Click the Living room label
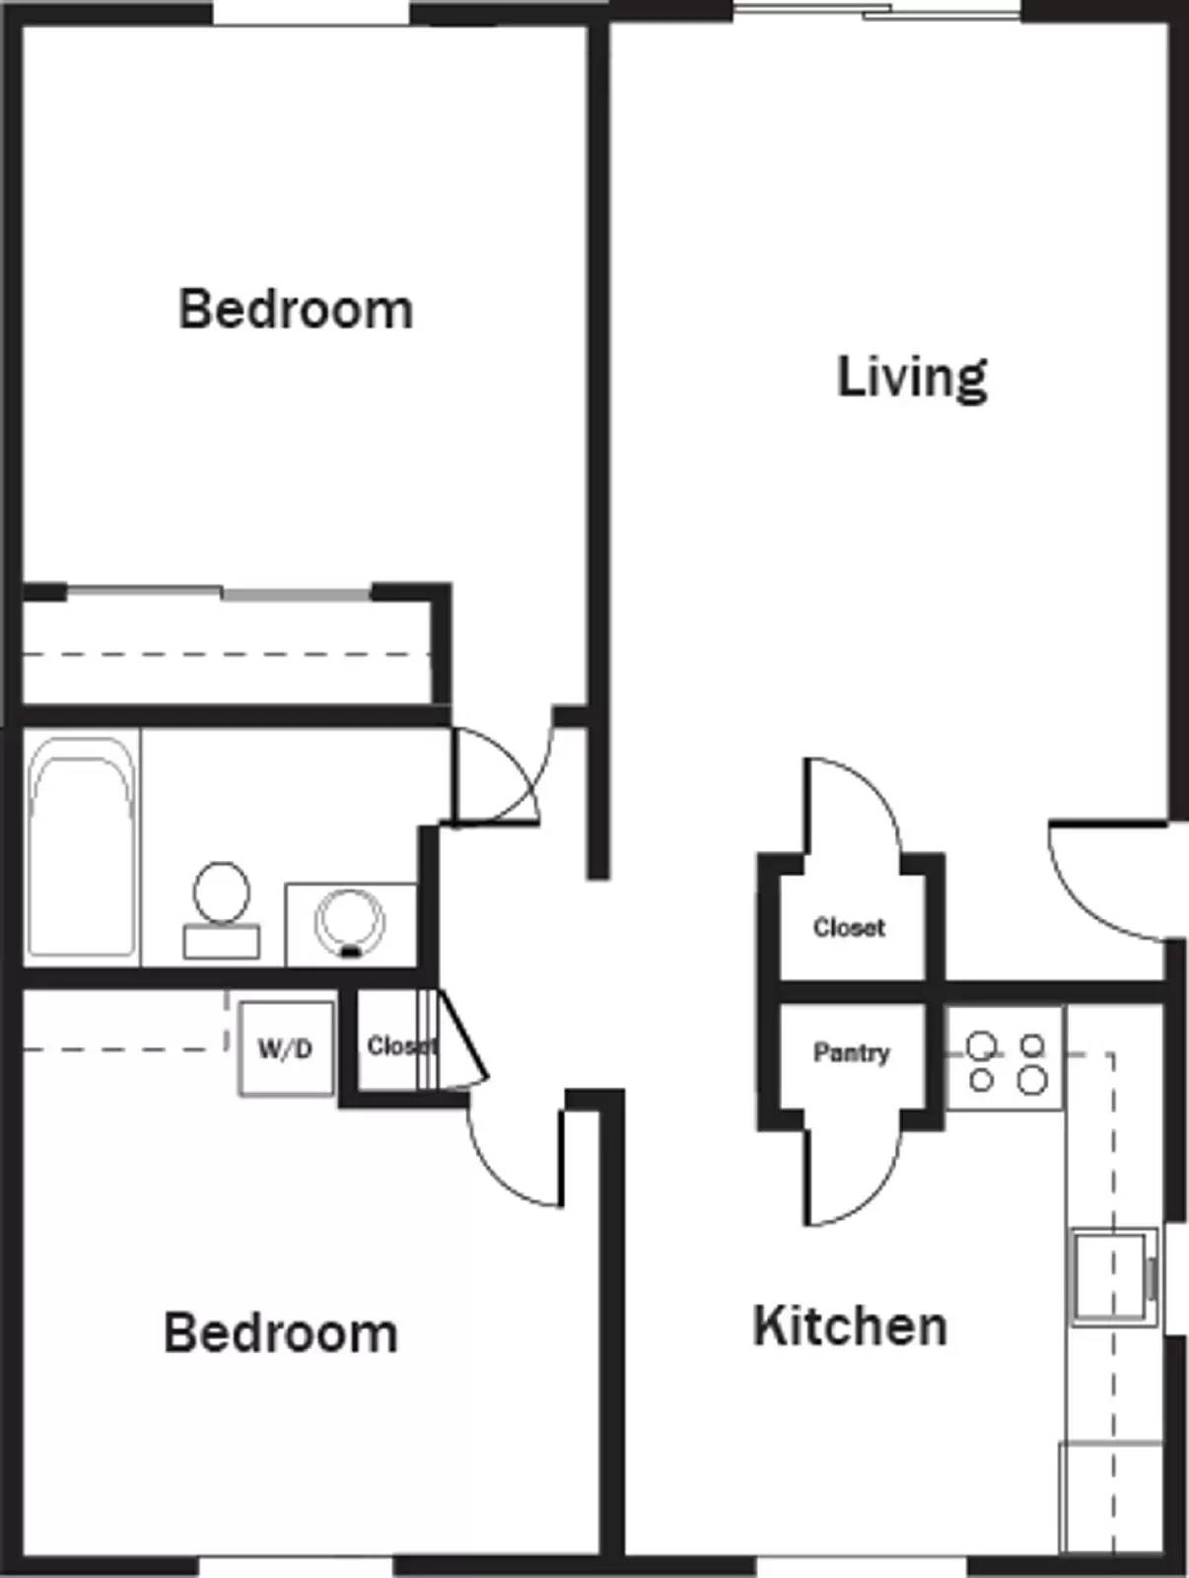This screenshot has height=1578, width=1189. [912, 378]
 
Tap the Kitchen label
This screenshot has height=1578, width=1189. [850, 1327]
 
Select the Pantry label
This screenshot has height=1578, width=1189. [851, 1053]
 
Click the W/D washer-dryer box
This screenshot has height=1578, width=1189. [286, 1048]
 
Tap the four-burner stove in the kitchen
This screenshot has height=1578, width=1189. [1006, 1061]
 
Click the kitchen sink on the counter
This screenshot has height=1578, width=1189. [1112, 1275]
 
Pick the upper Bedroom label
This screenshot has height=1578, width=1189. [296, 310]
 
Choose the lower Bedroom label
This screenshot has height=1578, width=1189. [281, 1333]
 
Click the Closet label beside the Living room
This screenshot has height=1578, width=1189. [849, 928]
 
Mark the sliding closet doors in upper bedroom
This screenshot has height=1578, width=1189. [219, 594]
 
